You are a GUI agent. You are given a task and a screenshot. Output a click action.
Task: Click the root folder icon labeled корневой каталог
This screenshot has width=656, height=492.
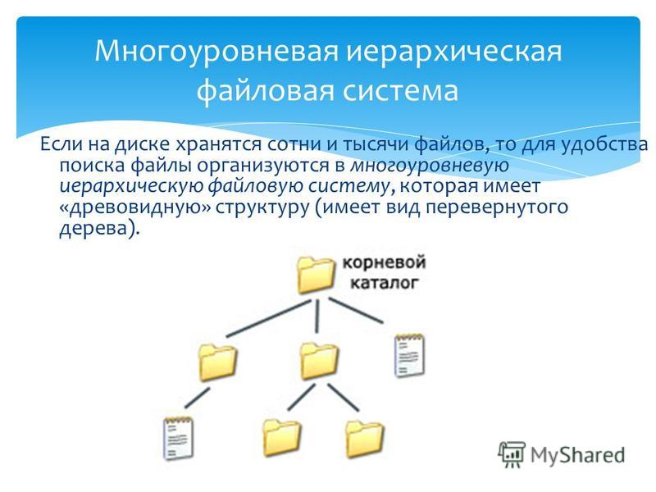(316, 275)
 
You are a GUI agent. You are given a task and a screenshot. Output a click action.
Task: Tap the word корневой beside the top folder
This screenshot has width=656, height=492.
(384, 262)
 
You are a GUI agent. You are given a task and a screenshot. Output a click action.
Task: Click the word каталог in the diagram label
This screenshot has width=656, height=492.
(384, 283)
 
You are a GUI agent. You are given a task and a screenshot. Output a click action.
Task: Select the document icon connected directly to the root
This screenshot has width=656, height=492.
(409, 356)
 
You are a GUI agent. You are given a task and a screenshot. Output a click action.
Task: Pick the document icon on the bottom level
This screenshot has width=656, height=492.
(178, 438)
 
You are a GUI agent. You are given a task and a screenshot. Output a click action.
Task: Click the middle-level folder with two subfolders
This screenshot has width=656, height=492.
(319, 361)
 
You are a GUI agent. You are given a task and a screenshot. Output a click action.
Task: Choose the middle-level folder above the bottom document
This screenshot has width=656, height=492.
(217, 362)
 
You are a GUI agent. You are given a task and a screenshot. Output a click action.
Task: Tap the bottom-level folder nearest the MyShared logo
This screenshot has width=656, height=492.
(364, 439)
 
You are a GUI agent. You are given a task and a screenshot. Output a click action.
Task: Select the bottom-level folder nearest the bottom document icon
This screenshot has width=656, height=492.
(281, 438)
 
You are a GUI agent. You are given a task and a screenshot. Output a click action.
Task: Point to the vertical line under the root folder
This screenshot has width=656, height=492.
(317, 317)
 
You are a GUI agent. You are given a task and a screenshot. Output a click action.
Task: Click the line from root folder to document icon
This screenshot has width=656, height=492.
(356, 311)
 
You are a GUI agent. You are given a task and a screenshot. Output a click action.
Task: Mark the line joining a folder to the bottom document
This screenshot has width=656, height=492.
(197, 398)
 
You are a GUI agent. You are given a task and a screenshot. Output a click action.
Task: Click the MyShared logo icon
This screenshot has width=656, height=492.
(511, 454)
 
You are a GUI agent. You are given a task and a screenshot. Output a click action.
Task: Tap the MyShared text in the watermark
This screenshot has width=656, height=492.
(578, 455)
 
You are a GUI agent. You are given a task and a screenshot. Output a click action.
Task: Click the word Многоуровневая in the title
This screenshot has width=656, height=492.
(216, 52)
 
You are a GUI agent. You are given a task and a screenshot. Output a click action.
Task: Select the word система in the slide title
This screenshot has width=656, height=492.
(400, 91)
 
